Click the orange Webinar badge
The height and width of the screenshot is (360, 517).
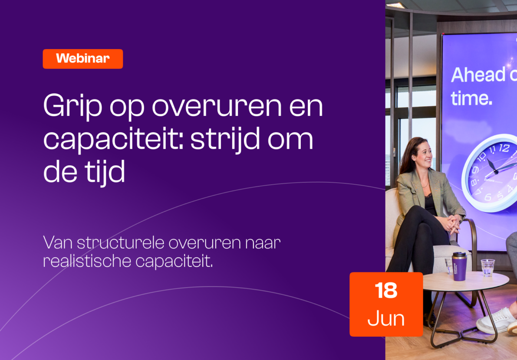82,59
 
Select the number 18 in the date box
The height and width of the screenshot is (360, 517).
386,291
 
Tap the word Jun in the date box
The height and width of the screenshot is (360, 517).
386,319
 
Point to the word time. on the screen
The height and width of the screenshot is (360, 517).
471,98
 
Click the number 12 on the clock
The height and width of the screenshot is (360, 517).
504,148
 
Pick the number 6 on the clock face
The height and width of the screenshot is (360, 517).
488,197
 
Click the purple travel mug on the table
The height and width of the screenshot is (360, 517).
459,266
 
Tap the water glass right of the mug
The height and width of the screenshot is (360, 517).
487,267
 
